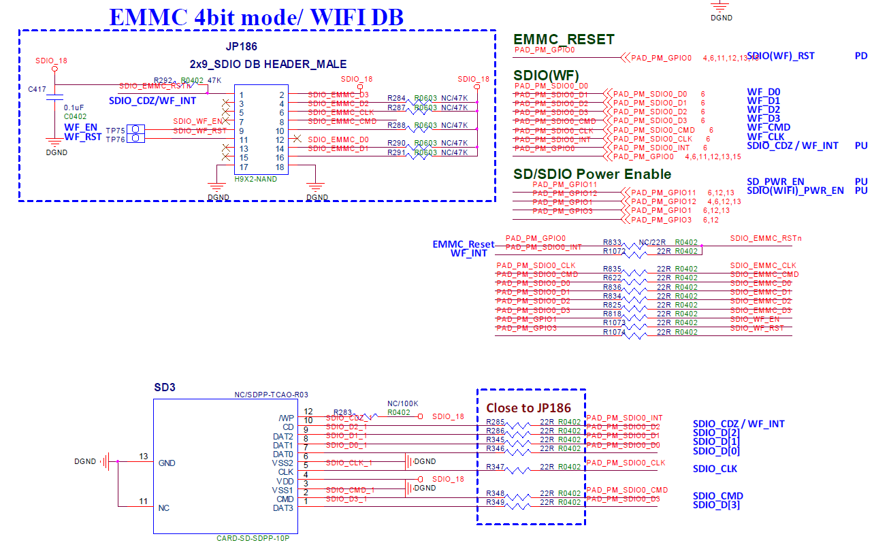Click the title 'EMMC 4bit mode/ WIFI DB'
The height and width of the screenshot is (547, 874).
[x=257, y=18]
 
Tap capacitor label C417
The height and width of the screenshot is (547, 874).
[x=37, y=89]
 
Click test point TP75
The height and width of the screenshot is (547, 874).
[x=116, y=129]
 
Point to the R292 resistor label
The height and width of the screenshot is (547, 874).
[x=163, y=80]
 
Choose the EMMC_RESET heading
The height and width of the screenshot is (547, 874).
[x=564, y=39]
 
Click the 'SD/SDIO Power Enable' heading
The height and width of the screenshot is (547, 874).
[x=592, y=174]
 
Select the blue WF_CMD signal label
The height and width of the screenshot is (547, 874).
[x=768, y=127]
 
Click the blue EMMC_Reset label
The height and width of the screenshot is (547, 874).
[x=464, y=244]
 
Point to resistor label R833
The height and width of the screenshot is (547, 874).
[x=612, y=242]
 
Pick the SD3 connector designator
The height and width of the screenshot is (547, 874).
[x=165, y=387]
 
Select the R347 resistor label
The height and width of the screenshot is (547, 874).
[x=496, y=467]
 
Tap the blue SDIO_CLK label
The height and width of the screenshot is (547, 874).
[x=715, y=469]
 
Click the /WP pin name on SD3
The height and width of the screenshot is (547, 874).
[x=286, y=418]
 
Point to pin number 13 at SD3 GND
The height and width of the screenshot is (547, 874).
[x=143, y=457]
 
